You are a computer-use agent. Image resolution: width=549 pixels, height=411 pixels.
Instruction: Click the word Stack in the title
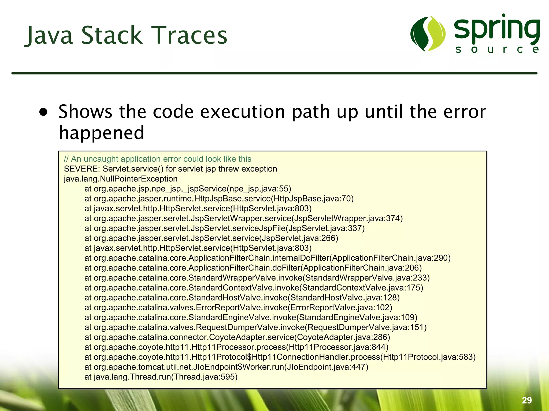coord(112,35)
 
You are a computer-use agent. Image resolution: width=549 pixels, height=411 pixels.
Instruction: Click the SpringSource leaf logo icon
coord(428,34)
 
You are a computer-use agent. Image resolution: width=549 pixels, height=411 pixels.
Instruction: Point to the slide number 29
coord(527,400)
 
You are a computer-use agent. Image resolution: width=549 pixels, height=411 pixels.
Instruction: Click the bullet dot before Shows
coord(43,112)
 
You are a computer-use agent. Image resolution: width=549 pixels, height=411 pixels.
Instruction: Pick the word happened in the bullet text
coord(102,133)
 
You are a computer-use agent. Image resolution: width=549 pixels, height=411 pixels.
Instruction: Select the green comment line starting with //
coord(157,159)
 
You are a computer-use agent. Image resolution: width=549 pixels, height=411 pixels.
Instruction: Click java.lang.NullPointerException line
coord(121,179)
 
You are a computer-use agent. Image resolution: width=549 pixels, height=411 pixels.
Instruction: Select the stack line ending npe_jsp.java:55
coord(188,189)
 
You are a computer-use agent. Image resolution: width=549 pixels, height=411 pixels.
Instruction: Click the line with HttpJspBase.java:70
coord(219,199)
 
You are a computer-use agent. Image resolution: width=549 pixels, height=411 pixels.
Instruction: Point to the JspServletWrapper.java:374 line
coord(243,218)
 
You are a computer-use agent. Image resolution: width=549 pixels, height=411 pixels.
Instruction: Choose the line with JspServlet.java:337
coord(224,228)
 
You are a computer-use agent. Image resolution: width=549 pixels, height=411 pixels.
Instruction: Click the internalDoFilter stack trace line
coord(267,258)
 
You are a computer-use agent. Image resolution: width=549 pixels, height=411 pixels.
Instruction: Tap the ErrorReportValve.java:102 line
coord(238,307)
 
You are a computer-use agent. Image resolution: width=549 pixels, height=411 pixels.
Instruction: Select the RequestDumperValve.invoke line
coord(255,327)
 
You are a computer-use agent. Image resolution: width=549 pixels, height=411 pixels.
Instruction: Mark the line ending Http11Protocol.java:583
coord(280,357)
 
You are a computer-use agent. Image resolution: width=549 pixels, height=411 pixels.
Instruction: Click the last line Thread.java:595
coord(161,377)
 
